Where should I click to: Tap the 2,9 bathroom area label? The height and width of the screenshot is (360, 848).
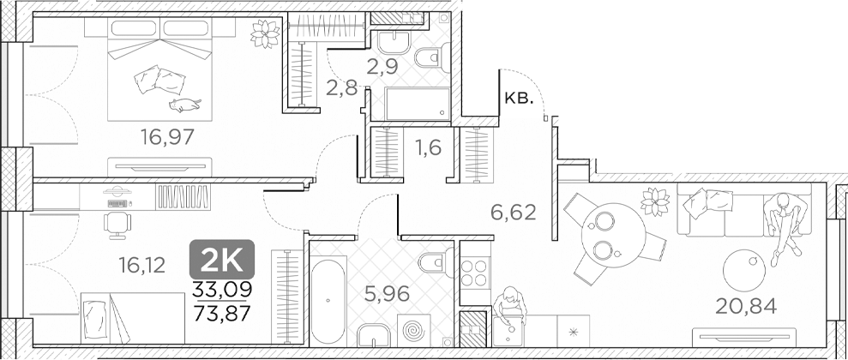pyautogui.click(x=383, y=66)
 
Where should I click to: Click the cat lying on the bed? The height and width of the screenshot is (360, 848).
pyautogui.click(x=184, y=105)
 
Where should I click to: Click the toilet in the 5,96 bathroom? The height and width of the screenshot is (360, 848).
pyautogui.click(x=430, y=261)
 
